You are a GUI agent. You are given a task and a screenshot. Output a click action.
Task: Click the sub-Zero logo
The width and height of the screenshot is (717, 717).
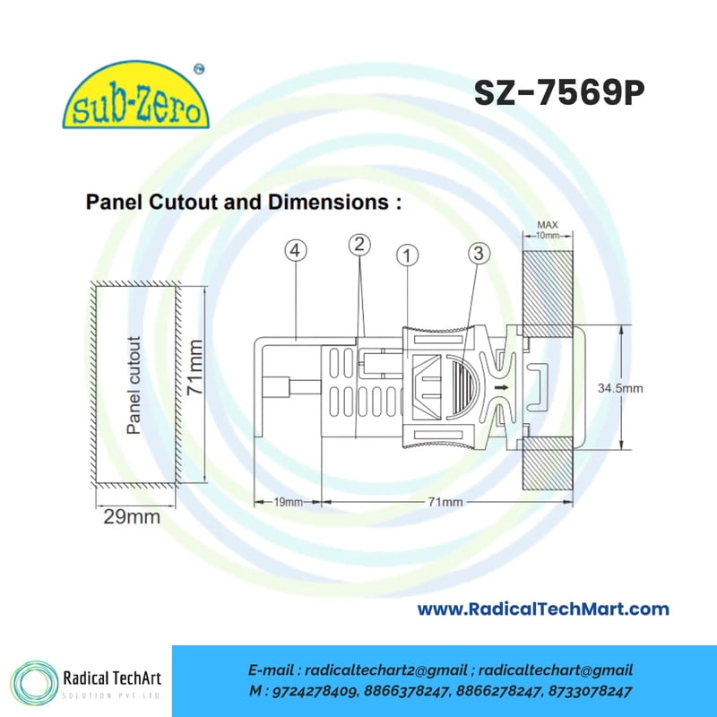tap(135, 95)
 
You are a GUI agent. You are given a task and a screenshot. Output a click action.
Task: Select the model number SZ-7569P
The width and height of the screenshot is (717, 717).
tap(559, 93)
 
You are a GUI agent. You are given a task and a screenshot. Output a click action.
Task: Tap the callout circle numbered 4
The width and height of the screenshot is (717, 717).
tap(296, 251)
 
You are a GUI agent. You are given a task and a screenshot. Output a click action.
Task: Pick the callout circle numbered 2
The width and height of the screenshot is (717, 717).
tap(359, 245)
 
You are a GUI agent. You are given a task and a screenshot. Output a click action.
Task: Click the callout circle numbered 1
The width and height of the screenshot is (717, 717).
tap(408, 255)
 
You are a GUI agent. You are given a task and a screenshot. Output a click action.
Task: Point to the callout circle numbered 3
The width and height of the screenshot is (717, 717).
tap(479, 253)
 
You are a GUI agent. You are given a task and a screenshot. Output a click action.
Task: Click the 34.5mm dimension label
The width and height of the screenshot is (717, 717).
tap(620, 388)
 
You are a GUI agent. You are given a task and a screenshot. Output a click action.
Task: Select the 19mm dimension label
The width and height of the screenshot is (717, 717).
tap(288, 502)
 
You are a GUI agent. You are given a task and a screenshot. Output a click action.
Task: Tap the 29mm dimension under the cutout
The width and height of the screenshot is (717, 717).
tap(132, 517)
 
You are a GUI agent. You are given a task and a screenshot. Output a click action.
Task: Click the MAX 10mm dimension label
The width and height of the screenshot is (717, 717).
tap(548, 230)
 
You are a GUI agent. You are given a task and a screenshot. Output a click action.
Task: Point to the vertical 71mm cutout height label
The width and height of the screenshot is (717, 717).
tap(195, 367)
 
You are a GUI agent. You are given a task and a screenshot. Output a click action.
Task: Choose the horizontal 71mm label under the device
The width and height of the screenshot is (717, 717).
tap(445, 502)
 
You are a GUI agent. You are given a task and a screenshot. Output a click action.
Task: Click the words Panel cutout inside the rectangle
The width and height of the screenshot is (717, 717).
tap(134, 385)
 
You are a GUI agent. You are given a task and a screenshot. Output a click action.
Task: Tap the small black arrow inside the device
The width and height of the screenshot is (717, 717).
tap(502, 388)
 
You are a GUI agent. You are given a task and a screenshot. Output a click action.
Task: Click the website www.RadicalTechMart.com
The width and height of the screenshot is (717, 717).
tap(543, 609)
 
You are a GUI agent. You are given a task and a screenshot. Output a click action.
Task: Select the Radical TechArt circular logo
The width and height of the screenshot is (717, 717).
tap(34, 683)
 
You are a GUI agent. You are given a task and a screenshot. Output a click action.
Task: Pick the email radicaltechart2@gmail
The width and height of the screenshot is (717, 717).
tap(386, 670)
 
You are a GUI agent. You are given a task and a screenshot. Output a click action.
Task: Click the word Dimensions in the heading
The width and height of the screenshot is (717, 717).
tap(328, 203)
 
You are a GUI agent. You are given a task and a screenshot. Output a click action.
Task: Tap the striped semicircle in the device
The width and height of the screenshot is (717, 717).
tap(464, 387)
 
